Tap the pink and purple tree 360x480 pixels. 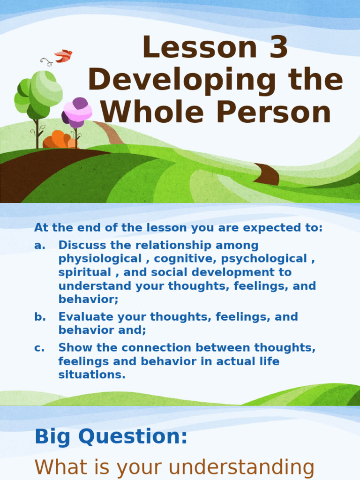[x=77, y=113]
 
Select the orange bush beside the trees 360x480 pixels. [x=59, y=140]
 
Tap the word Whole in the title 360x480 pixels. [x=148, y=112]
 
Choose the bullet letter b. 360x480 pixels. [x=40, y=317]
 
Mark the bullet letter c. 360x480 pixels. [x=39, y=348]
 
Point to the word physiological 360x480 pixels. [x=100, y=259]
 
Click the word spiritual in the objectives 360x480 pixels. [x=85, y=272]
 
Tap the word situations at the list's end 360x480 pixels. [x=92, y=375]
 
